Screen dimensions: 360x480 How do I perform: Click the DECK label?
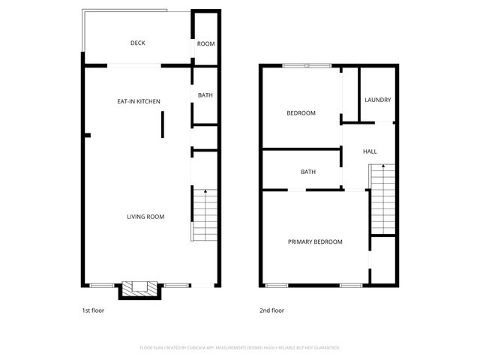click(137, 43)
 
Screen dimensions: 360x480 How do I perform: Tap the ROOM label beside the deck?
click(205, 43)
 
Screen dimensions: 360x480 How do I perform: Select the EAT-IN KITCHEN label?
click(138, 101)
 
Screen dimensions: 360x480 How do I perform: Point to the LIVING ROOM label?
click(145, 217)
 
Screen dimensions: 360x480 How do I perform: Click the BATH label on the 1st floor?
click(205, 96)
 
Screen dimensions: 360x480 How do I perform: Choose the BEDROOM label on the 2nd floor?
click(301, 113)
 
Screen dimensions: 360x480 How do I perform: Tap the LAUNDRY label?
click(377, 100)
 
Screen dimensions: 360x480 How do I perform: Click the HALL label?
click(370, 151)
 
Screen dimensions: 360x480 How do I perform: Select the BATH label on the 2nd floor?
click(308, 172)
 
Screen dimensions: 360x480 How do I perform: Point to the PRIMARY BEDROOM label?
click(315, 241)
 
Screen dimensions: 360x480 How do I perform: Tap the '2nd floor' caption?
click(272, 310)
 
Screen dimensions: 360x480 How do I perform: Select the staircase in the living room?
click(204, 215)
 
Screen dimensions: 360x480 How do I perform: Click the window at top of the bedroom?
click(307, 66)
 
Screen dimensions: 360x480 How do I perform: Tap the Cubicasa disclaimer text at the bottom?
click(240, 347)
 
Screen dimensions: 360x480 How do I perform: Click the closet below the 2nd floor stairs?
click(382, 260)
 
